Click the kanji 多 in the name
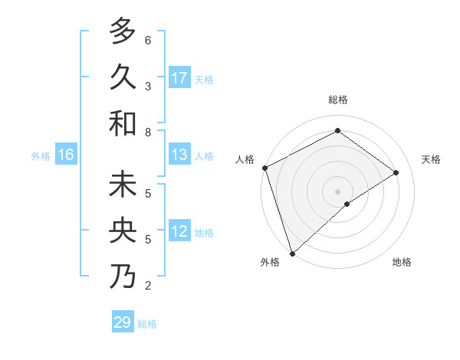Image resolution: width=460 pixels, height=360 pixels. tap(123, 31)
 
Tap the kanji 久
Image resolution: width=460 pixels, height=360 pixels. tap(123, 77)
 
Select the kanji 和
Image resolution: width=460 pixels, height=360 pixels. tap(123, 123)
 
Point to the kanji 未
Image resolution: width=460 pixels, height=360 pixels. tap(123, 185)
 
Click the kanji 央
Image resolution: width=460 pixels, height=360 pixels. tap(123, 231)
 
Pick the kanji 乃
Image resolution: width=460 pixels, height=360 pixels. tap(123, 277)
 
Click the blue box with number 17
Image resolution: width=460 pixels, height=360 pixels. tap(179, 78)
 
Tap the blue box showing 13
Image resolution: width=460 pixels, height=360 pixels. tap(179, 155)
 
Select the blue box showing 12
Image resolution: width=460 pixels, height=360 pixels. tap(179, 231)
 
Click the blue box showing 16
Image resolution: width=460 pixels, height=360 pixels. tap(65, 155)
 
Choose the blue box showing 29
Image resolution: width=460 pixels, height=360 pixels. tap(123, 322)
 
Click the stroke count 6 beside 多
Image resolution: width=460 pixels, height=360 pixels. tap(148, 40)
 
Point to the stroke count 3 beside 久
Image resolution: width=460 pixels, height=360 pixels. tap(148, 86)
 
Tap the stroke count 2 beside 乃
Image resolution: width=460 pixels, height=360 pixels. tap(148, 286)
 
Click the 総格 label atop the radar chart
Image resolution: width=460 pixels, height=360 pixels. tap(338, 100)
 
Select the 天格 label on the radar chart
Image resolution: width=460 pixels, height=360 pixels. tap(431, 159)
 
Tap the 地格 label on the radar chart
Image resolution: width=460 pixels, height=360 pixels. tap(402, 262)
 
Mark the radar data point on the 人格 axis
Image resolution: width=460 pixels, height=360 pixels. tap(264, 168)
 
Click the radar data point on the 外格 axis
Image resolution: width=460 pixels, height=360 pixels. tap(292, 253)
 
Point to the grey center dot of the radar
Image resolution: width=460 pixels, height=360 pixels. tap(337, 191)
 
